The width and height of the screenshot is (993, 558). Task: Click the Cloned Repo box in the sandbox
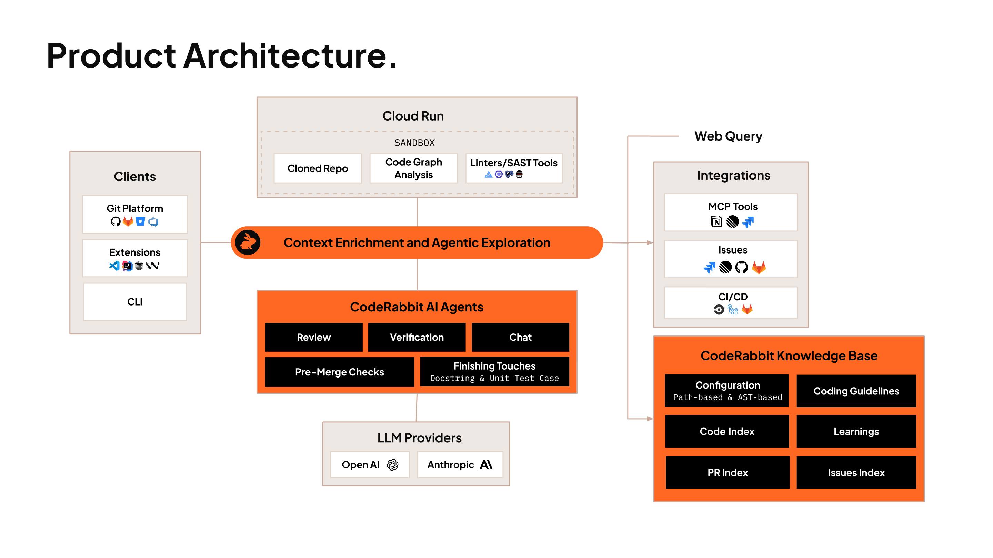click(x=318, y=168)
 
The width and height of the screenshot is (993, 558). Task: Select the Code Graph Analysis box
click(x=414, y=168)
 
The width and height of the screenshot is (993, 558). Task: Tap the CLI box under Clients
click(x=135, y=302)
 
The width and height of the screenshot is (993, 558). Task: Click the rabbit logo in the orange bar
click(x=248, y=242)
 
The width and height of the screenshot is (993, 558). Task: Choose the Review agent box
click(x=314, y=337)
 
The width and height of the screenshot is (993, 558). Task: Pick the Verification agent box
click(x=417, y=337)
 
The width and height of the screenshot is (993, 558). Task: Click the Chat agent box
click(x=520, y=337)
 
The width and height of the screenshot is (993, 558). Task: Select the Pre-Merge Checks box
click(x=340, y=372)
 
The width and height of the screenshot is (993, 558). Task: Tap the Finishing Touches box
click(x=494, y=372)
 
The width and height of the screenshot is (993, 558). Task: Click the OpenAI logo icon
click(x=392, y=465)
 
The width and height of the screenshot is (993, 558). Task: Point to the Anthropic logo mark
click(x=486, y=465)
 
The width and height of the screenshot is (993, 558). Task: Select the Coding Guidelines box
click(x=856, y=391)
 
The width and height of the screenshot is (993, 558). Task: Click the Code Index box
click(x=727, y=431)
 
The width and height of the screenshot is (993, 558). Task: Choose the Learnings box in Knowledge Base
click(x=856, y=431)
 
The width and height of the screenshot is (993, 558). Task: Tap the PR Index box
click(x=728, y=473)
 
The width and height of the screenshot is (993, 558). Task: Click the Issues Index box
click(x=856, y=473)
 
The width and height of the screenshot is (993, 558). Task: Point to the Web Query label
click(x=728, y=136)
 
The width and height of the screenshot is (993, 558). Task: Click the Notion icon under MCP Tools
click(x=716, y=222)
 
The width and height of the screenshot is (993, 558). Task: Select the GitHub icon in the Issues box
click(x=741, y=267)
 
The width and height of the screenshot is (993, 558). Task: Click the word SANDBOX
click(x=414, y=143)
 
